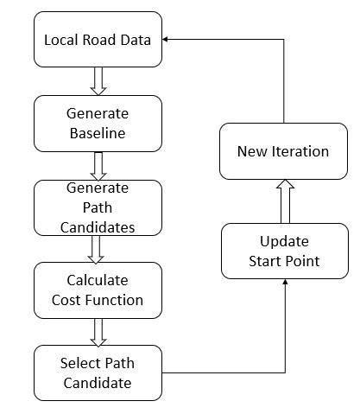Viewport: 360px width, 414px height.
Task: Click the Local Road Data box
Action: point(98,40)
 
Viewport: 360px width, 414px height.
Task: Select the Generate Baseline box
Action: point(98,123)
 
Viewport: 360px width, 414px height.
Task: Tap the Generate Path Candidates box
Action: point(98,207)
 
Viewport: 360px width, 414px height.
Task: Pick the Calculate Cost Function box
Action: point(98,290)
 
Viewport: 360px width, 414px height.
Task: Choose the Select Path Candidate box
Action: point(98,373)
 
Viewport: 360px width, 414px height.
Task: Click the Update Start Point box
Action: point(284,251)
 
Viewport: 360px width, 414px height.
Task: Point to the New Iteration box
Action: point(284,151)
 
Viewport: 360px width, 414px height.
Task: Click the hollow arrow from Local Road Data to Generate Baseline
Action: point(98,80)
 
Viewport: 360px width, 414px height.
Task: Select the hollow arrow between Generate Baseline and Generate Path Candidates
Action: point(98,164)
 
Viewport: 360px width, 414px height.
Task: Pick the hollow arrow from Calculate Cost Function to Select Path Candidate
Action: point(98,331)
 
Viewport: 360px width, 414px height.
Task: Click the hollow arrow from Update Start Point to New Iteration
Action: point(284,201)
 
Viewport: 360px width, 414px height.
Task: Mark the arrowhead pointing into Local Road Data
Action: point(167,39)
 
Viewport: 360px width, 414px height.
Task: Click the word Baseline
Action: point(97,133)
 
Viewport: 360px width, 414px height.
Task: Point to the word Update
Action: point(284,240)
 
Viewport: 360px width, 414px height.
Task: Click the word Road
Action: point(99,40)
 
